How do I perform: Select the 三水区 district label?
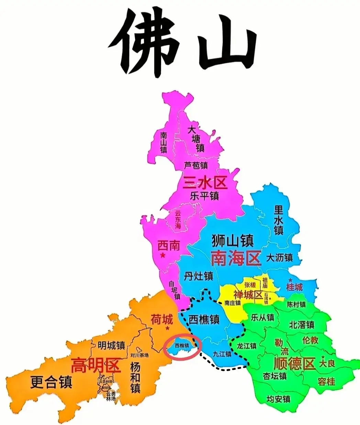coord(205,182)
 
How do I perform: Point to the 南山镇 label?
coord(164,141)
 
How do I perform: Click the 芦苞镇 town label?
coord(196,165)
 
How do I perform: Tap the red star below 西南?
coord(163,255)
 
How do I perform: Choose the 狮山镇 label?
coord(233,240)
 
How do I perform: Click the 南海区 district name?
coord(236,258)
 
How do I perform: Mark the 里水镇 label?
coord(279,220)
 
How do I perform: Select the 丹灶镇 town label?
coord(199,276)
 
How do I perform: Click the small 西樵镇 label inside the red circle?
coord(182,345)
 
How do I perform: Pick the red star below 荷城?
coord(167,329)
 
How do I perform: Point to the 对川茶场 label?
coord(140,355)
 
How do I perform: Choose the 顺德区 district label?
coord(294,363)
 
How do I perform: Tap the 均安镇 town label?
coord(279,399)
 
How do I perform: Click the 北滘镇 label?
coord(302,325)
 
